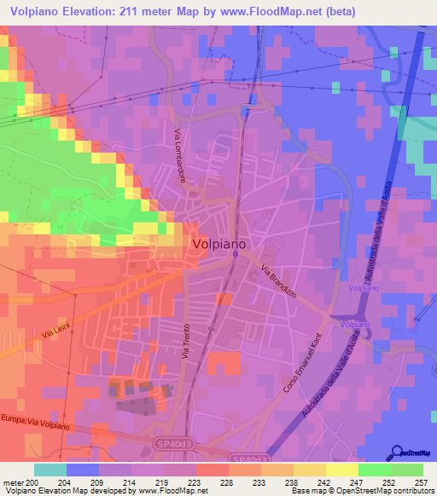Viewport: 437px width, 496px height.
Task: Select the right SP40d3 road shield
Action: (x=248, y=459)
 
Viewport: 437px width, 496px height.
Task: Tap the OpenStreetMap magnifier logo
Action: (x=394, y=452)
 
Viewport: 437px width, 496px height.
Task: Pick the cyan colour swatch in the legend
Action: (x=50, y=470)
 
